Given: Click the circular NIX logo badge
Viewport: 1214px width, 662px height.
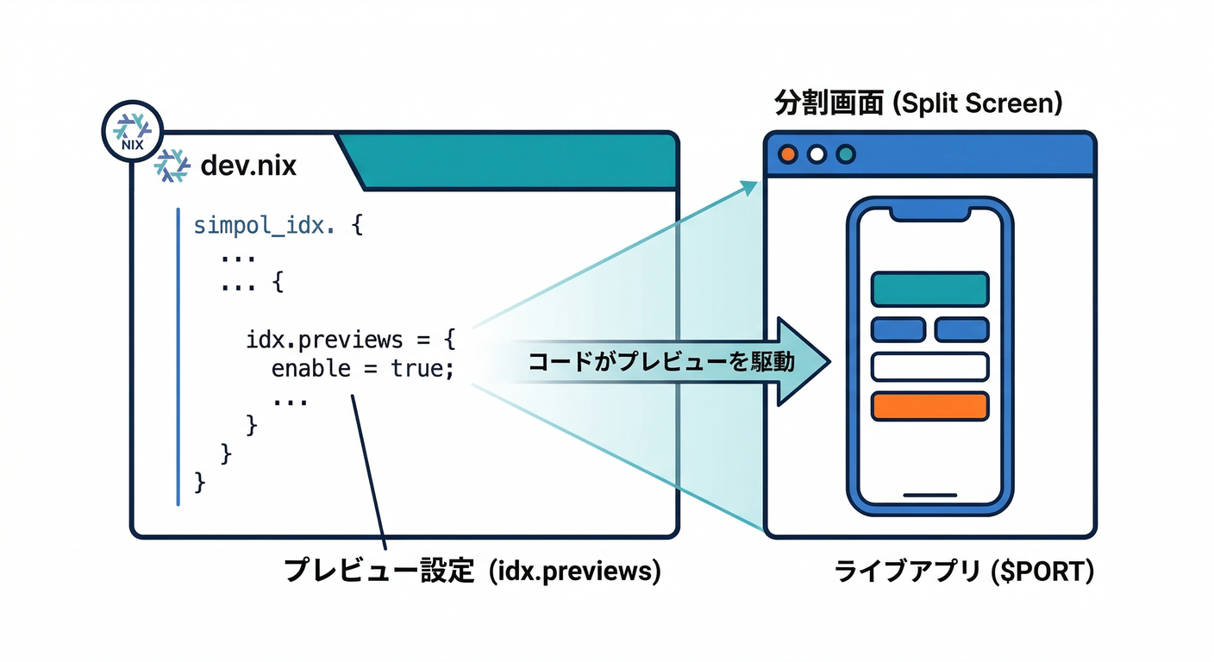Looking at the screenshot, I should (x=133, y=132).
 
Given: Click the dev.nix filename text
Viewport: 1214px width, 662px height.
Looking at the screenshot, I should (x=247, y=165).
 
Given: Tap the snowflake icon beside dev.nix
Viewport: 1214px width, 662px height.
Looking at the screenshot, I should (x=172, y=165).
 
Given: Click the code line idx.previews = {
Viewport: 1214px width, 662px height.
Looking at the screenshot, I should (x=350, y=339).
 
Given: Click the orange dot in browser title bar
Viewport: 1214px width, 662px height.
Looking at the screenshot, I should (x=787, y=154).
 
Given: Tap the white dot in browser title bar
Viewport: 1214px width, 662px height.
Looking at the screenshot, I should (x=817, y=154).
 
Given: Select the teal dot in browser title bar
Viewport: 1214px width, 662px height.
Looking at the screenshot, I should (x=846, y=154).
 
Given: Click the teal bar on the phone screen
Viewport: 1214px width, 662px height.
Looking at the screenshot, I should (x=929, y=289).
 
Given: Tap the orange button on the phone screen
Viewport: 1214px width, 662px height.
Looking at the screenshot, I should (x=929, y=406).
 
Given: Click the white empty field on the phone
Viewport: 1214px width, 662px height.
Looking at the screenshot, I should (x=929, y=366).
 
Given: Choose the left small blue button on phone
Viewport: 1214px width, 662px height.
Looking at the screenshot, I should (x=898, y=329).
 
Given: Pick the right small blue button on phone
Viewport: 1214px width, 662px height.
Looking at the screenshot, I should (x=961, y=329).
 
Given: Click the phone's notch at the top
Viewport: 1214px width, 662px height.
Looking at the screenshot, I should (x=929, y=212).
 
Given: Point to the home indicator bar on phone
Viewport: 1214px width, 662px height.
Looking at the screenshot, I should (x=929, y=496).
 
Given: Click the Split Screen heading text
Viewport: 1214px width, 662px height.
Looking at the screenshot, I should (x=977, y=104).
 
